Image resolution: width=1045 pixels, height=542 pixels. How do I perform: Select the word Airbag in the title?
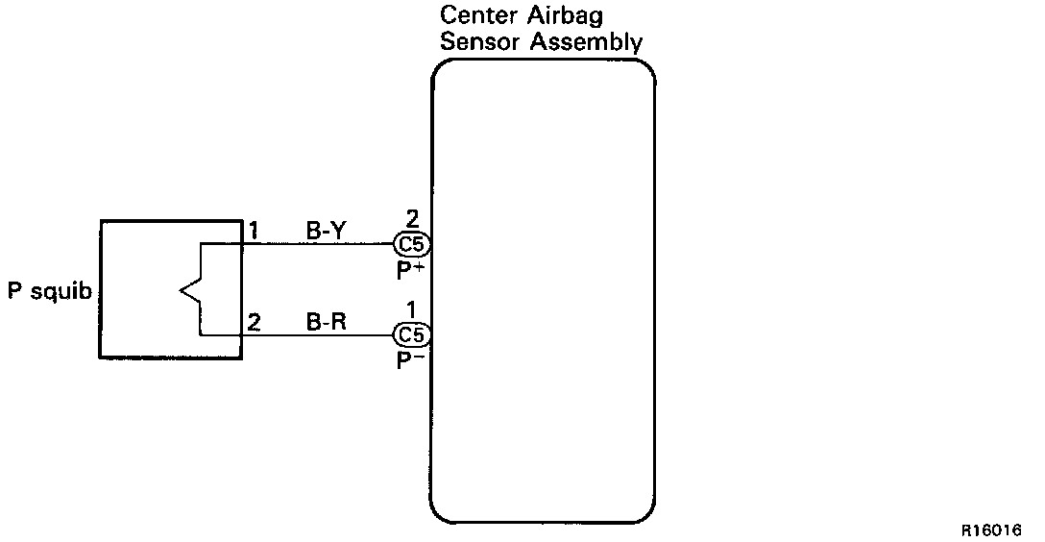tap(562, 16)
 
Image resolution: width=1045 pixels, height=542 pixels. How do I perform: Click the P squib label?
tap(50, 291)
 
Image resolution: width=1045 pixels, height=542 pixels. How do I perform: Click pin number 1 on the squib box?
tap(254, 232)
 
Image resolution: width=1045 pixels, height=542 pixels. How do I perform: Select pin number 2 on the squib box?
tap(254, 323)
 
